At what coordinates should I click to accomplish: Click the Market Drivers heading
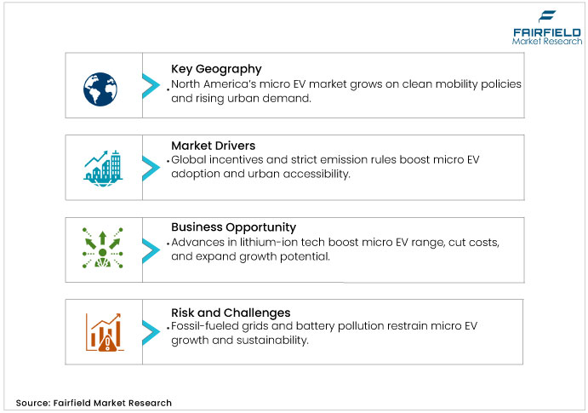pyautogui.click(x=214, y=146)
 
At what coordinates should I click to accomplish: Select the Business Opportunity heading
pyautogui.click(x=233, y=227)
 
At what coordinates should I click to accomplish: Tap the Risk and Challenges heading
pyautogui.click(x=231, y=312)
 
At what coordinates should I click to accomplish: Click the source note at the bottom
pyautogui.click(x=94, y=402)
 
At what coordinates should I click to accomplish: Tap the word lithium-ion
pyautogui.click(x=256, y=243)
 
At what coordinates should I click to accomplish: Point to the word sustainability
pyautogui.click(x=277, y=341)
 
